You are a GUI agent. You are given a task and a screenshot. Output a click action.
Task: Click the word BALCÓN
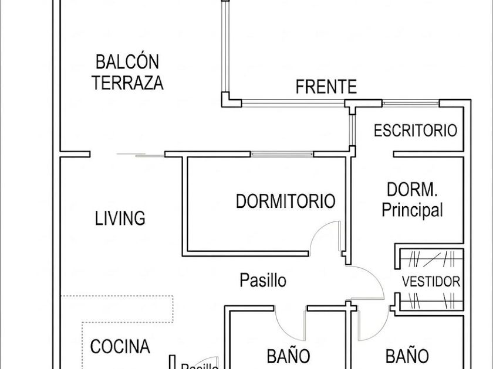tap(127, 61)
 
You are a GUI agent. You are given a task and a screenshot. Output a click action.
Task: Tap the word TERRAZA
tap(127, 83)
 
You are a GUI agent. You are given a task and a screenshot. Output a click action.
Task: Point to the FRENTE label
tap(326, 87)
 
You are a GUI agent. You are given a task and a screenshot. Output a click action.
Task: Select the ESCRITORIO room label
tap(415, 130)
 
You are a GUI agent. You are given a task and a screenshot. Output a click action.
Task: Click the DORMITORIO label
tap(285, 201)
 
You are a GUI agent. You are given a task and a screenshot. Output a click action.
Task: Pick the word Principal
tap(412, 210)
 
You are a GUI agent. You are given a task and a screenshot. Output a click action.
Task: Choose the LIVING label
tap(120, 218)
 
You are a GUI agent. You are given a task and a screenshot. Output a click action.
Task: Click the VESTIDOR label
tap(431, 281)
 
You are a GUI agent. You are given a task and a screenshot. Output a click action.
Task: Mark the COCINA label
tap(120, 346)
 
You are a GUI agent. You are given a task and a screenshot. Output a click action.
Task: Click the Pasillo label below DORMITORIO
tap(263, 280)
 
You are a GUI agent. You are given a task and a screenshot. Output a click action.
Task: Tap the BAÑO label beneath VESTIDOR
tap(407, 356)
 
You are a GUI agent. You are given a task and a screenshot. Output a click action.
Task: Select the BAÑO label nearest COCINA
tap(288, 356)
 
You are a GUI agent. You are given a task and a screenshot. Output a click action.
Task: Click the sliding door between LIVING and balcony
tap(141, 155)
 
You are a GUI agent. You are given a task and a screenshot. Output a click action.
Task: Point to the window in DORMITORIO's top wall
tap(282, 155)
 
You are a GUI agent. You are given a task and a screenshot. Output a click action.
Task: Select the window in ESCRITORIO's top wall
tap(411, 104)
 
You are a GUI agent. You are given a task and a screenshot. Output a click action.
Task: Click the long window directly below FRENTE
tap(293, 104)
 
